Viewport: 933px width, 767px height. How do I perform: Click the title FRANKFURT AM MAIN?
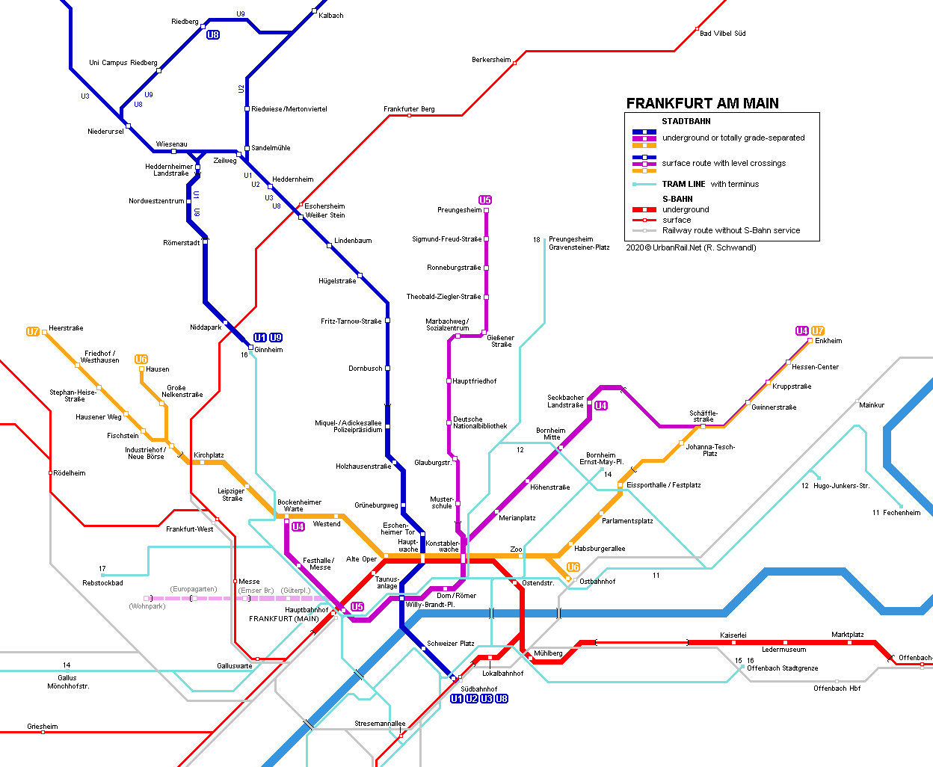(702, 103)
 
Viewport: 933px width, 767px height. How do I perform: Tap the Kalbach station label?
(331, 16)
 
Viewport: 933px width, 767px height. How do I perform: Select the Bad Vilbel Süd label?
(722, 34)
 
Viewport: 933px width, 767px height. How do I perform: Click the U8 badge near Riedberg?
(213, 34)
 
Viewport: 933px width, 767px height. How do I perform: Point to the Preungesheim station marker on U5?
(486, 211)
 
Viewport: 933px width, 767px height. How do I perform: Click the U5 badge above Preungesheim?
(485, 200)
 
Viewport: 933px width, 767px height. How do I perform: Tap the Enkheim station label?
(828, 341)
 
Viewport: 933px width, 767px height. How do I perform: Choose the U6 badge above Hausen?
(141, 359)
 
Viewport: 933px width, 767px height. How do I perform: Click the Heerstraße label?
(66, 327)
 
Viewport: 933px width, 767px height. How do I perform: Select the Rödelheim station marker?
(50, 473)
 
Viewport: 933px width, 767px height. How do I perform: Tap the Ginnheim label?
(268, 349)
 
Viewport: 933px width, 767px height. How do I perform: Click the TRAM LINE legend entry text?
(710, 184)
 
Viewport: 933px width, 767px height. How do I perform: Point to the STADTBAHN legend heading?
(686, 121)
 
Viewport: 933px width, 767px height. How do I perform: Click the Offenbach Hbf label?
(837, 689)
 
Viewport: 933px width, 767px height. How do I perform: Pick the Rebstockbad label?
(102, 583)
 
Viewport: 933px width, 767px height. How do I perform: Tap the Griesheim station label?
(43, 727)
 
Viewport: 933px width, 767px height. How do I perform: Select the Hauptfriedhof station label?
(474, 381)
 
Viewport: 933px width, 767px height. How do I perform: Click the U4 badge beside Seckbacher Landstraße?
(601, 406)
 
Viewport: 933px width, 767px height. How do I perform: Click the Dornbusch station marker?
(387, 368)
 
